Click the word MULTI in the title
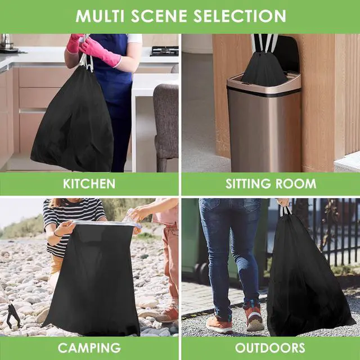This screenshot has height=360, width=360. tap(100, 16)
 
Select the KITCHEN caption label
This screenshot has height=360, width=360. tap(89, 184)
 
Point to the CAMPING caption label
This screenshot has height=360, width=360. tap(89, 348)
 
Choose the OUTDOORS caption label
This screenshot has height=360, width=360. tap(270, 348)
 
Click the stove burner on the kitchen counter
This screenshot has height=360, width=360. tap(164, 51)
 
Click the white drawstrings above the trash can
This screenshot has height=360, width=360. tap(264, 43)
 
